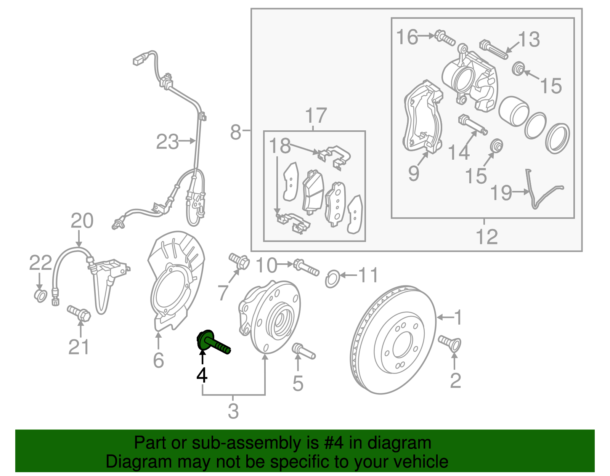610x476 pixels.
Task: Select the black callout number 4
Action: pos(202,375)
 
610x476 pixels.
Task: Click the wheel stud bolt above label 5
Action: pos(303,351)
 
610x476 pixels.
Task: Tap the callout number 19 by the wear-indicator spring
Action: pos(501,193)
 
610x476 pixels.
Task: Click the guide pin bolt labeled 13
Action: pos(493,49)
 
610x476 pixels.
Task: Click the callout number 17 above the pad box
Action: pos(316,115)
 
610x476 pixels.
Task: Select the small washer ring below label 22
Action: pos(40,296)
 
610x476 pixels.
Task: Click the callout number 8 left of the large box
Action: pos(236,132)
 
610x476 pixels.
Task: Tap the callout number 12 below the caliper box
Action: pos(487,237)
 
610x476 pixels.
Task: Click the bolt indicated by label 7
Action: pos(239,261)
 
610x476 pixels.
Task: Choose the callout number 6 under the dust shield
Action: pos(158,360)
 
